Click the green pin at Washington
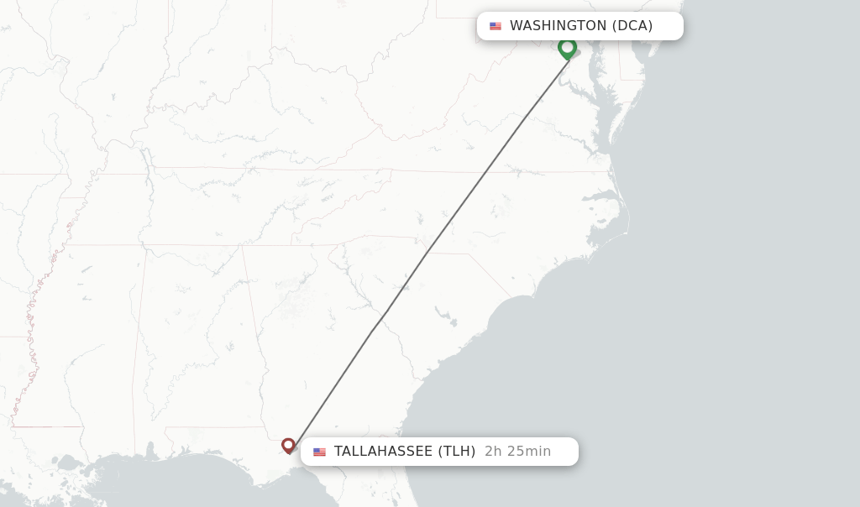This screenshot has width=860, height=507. (567, 48)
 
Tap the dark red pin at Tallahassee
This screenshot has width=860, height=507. (288, 445)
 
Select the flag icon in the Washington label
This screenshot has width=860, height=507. (496, 26)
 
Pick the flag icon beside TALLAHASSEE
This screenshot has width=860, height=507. (319, 452)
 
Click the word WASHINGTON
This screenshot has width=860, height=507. (558, 26)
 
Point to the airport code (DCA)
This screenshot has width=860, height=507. (632, 26)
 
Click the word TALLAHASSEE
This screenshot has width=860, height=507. (382, 452)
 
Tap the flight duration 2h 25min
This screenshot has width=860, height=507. (517, 452)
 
